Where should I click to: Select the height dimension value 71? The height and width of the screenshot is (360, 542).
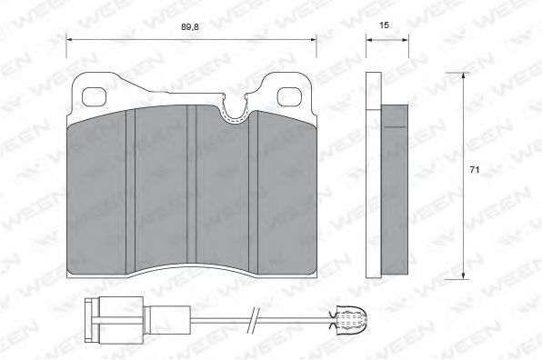tap(474, 170)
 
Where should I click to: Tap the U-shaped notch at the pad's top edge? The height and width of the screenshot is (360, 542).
tap(235, 113)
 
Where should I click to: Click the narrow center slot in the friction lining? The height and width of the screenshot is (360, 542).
tap(192, 182)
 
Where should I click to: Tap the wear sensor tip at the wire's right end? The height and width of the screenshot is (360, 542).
tap(349, 317)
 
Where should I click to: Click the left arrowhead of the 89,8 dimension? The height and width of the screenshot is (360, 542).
tap(71, 40)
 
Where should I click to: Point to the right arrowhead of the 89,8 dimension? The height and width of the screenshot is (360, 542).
tap(314, 40)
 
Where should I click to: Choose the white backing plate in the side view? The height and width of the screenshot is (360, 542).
tap(372, 173)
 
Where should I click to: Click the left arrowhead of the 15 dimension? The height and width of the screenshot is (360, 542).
tap(368, 40)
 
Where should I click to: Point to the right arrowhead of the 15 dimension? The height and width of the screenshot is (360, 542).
tap(402, 40)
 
